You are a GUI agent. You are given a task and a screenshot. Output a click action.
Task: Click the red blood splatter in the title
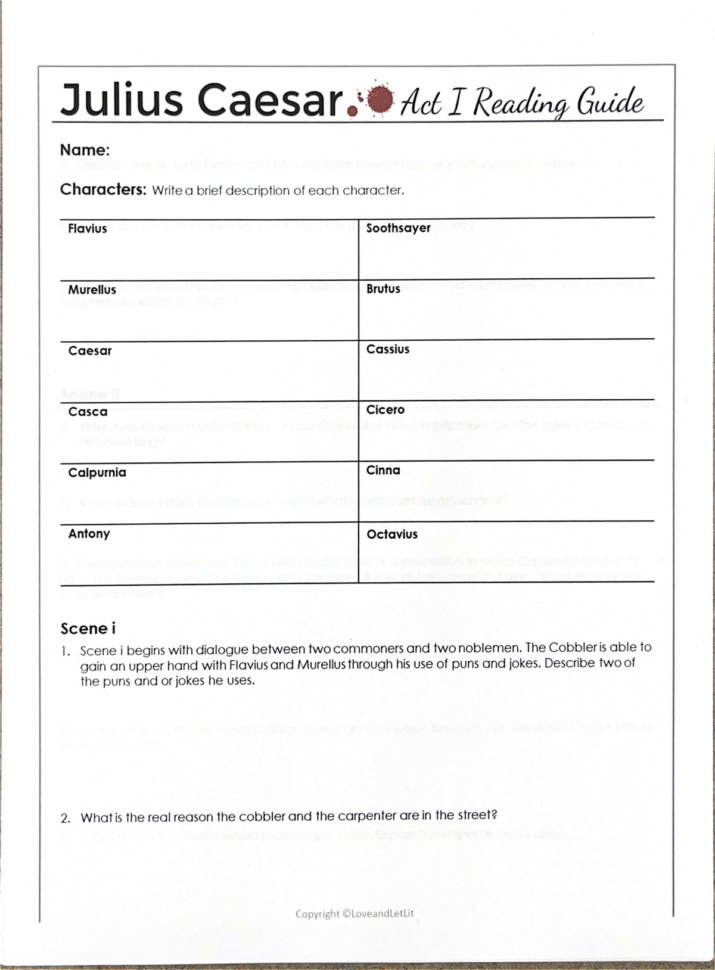[380, 98]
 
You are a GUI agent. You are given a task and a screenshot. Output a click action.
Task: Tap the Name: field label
[85, 150]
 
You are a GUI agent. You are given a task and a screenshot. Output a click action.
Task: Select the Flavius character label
[88, 229]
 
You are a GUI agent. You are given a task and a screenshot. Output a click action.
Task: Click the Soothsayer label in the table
[398, 228]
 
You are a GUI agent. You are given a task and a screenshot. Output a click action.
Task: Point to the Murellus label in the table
[92, 290]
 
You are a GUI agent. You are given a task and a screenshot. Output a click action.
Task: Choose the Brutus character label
[383, 289]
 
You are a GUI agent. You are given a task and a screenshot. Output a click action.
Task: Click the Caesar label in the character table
[90, 351]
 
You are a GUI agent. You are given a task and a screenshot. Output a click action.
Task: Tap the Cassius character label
[388, 350]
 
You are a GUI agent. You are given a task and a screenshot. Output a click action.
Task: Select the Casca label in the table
[88, 412]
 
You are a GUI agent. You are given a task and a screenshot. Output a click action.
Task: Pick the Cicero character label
[386, 410]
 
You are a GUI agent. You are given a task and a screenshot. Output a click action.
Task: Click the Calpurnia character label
[97, 472]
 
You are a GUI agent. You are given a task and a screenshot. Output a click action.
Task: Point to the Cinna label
[383, 471]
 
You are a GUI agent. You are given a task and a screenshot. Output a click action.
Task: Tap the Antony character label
[89, 534]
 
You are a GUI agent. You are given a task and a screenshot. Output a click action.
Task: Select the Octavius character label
[392, 534]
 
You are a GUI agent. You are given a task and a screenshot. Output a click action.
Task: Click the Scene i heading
[88, 629]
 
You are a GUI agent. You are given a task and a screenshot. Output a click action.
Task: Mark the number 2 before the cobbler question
[66, 818]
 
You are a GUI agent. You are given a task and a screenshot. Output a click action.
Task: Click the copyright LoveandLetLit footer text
[355, 913]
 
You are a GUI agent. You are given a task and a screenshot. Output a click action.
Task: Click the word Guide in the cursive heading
[610, 102]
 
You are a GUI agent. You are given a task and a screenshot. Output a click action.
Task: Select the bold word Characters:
[103, 189]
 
